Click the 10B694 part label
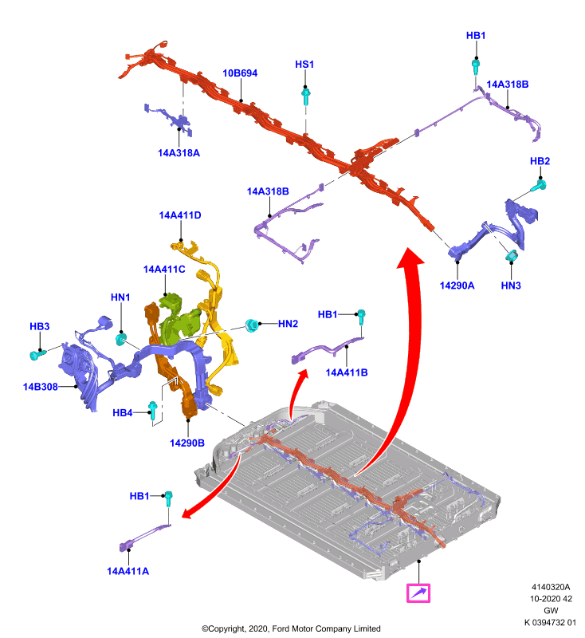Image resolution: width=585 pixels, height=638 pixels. point(240,73)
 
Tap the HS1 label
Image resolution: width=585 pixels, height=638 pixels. point(304,65)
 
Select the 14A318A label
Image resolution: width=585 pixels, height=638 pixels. point(179,153)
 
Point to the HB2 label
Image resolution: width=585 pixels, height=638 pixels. point(540,161)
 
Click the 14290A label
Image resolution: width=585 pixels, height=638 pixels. point(457,286)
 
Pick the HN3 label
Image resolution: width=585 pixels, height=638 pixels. point(511,286)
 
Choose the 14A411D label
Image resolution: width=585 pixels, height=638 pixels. point(180,215)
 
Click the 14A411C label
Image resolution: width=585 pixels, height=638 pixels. point(164,270)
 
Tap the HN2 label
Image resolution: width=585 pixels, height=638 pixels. point(289,324)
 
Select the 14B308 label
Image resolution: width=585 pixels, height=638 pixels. point(40,387)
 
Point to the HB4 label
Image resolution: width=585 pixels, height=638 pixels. point(123,413)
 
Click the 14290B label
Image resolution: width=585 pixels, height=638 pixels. point(187,443)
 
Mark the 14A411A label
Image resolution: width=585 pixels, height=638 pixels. point(128,571)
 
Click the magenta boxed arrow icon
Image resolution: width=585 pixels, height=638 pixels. point(418,593)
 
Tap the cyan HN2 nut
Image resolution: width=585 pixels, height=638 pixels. point(252,325)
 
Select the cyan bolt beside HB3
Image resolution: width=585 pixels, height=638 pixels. point(37,354)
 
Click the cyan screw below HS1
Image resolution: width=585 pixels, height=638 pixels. point(306,96)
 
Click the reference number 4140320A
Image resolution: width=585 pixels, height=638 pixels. point(551,587)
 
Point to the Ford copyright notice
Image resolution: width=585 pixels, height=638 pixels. point(291,628)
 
